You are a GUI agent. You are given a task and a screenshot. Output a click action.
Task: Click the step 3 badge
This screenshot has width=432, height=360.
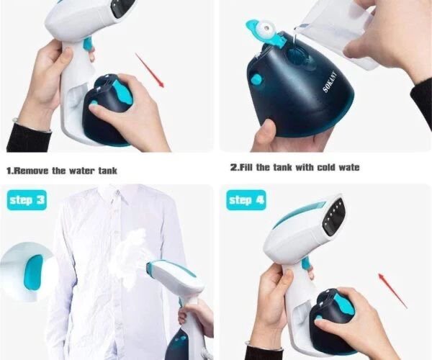[27, 200]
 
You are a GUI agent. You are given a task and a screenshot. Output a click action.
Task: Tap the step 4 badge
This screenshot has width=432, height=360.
[246, 200]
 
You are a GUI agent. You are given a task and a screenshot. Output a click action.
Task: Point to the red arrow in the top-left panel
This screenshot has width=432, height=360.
[150, 71]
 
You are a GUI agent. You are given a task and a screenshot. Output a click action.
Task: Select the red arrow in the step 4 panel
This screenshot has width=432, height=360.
[393, 290]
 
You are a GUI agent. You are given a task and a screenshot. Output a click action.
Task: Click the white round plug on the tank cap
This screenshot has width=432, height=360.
[266, 28]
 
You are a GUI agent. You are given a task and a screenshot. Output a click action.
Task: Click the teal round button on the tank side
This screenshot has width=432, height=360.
[256, 80]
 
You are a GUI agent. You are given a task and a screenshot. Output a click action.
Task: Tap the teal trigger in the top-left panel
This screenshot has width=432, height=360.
[88, 44]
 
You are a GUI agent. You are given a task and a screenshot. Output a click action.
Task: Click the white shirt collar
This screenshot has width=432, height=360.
[114, 192]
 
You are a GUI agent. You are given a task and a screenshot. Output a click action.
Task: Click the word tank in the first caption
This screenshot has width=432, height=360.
[108, 171]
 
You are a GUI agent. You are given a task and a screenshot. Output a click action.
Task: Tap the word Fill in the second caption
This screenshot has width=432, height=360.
[245, 167]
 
